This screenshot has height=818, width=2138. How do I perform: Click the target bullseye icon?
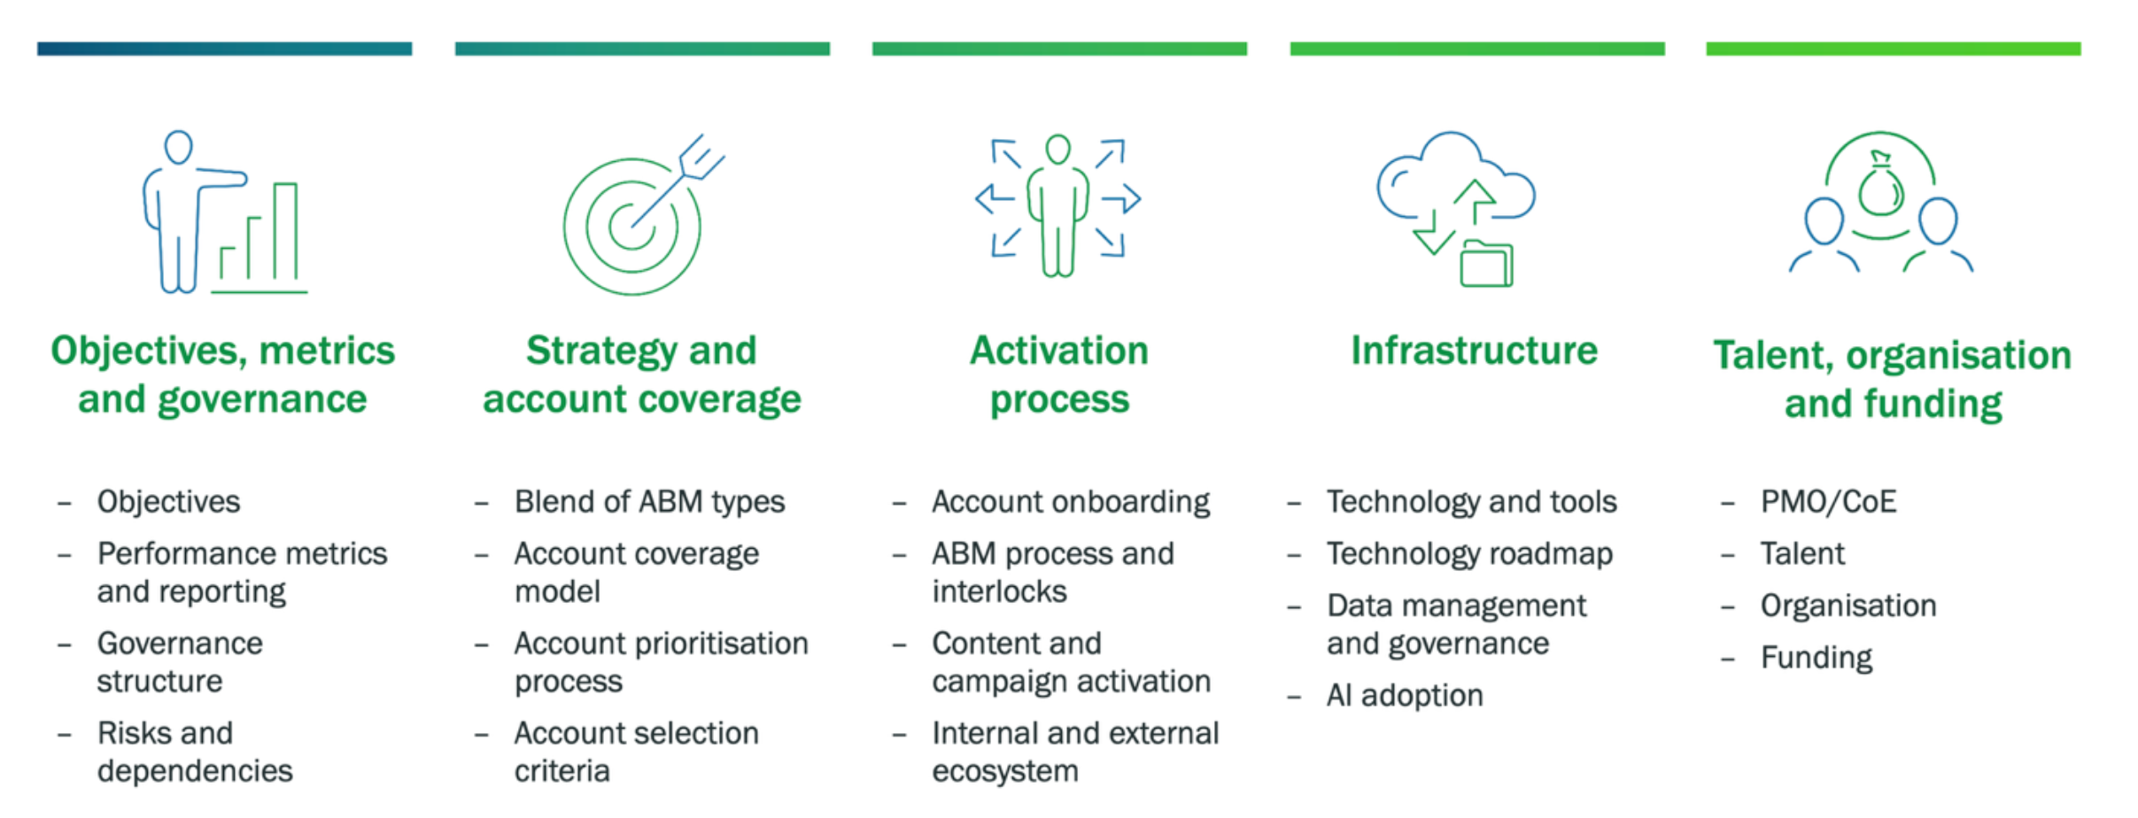coord(631,226)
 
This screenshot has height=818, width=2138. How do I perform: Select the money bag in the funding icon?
coord(1879,188)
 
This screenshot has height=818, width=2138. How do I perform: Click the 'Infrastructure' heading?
coord(1474,351)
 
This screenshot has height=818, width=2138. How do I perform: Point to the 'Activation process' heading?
coord(1059,374)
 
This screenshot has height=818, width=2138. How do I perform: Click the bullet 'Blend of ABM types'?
coord(649,502)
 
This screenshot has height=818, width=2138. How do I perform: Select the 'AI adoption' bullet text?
coord(1404,696)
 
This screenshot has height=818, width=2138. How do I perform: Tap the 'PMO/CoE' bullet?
coord(1828,502)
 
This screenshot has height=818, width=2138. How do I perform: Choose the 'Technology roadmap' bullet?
coord(1469,554)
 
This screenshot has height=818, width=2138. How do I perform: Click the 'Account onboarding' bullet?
coord(1070,502)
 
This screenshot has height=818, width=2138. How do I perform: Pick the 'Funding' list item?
coord(1816,658)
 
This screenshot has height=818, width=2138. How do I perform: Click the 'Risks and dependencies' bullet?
coord(194,752)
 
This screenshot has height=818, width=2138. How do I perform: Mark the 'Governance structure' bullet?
coord(180,662)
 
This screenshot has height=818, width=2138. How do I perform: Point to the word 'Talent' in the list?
coord(1801,554)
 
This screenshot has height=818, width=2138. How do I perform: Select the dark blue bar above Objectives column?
coord(224,49)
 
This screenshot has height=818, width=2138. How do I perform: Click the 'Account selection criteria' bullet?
coord(636,752)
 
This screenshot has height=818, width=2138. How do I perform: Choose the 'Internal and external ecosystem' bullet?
coord(1074,752)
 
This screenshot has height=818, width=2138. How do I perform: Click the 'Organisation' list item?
coord(1848,606)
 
